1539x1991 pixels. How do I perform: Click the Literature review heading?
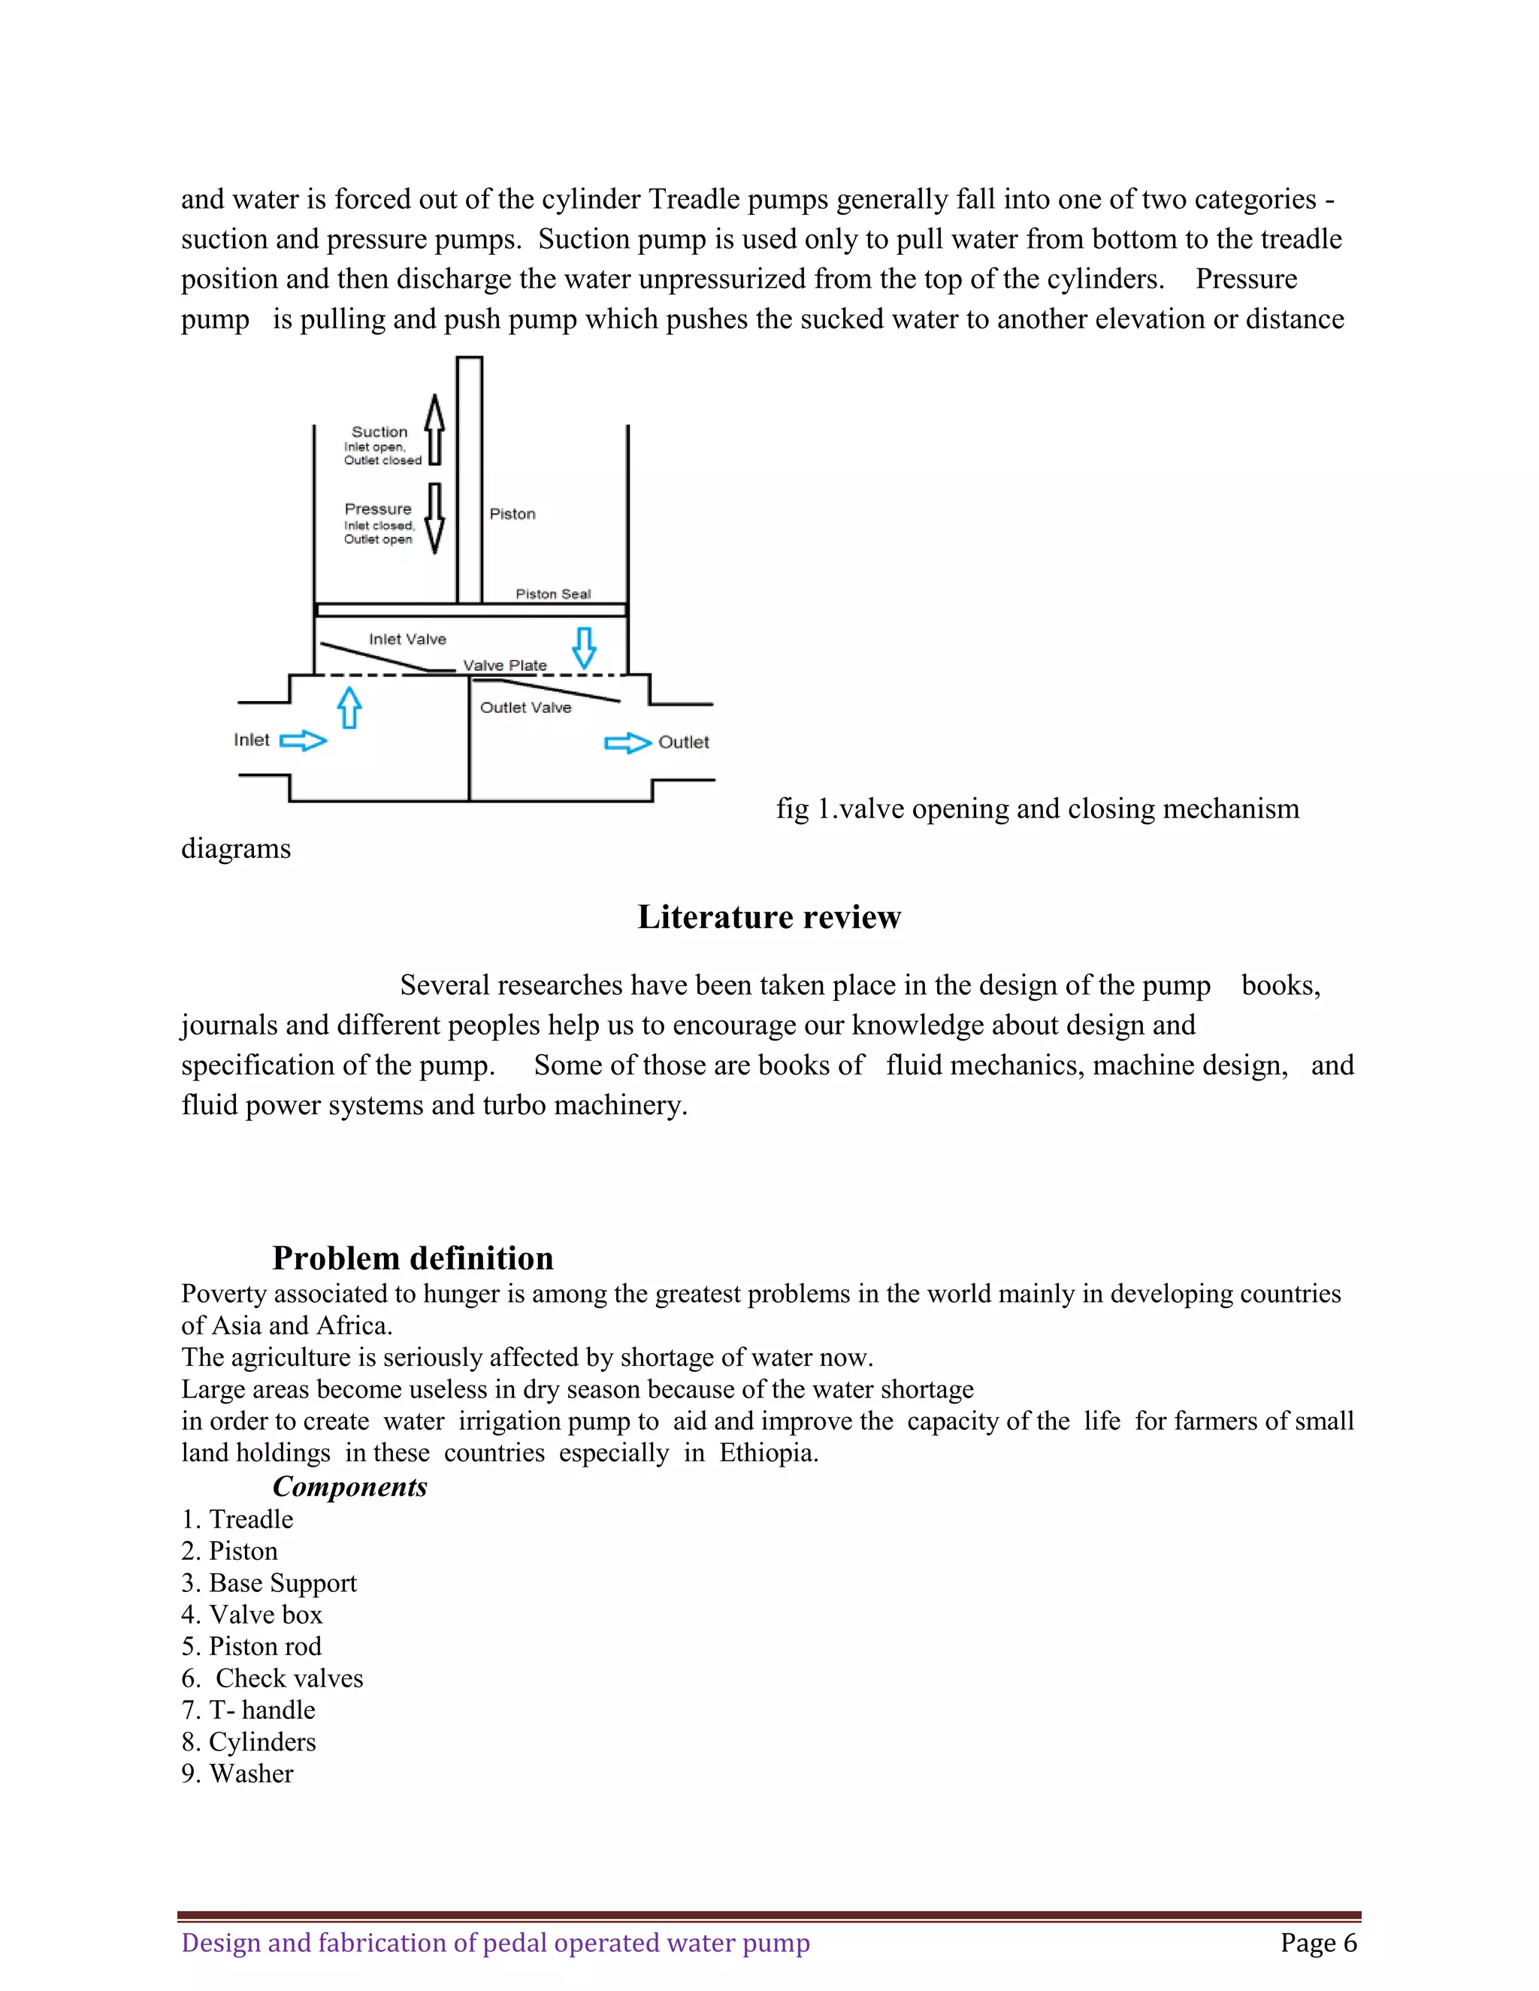pos(769,917)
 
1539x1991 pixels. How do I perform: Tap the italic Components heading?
pos(349,1487)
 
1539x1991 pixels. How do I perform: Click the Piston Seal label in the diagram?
pos(552,594)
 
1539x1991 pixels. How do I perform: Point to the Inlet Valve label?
pos(407,639)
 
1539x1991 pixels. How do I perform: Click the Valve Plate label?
pos(504,666)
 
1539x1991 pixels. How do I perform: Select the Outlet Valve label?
pos(525,708)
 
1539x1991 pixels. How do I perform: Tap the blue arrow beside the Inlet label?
pos(303,740)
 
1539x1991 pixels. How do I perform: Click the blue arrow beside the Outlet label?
pos(628,743)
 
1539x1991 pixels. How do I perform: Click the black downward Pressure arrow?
pos(436,518)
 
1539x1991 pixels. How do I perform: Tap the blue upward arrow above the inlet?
pos(349,708)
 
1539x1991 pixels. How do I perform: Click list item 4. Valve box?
pos(252,1615)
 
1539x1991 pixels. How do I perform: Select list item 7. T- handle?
pos(248,1710)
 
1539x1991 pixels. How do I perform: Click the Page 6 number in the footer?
pos(1317,1943)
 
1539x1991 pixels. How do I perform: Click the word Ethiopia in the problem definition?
pos(768,1452)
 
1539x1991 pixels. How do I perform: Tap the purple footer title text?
pos(495,1943)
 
